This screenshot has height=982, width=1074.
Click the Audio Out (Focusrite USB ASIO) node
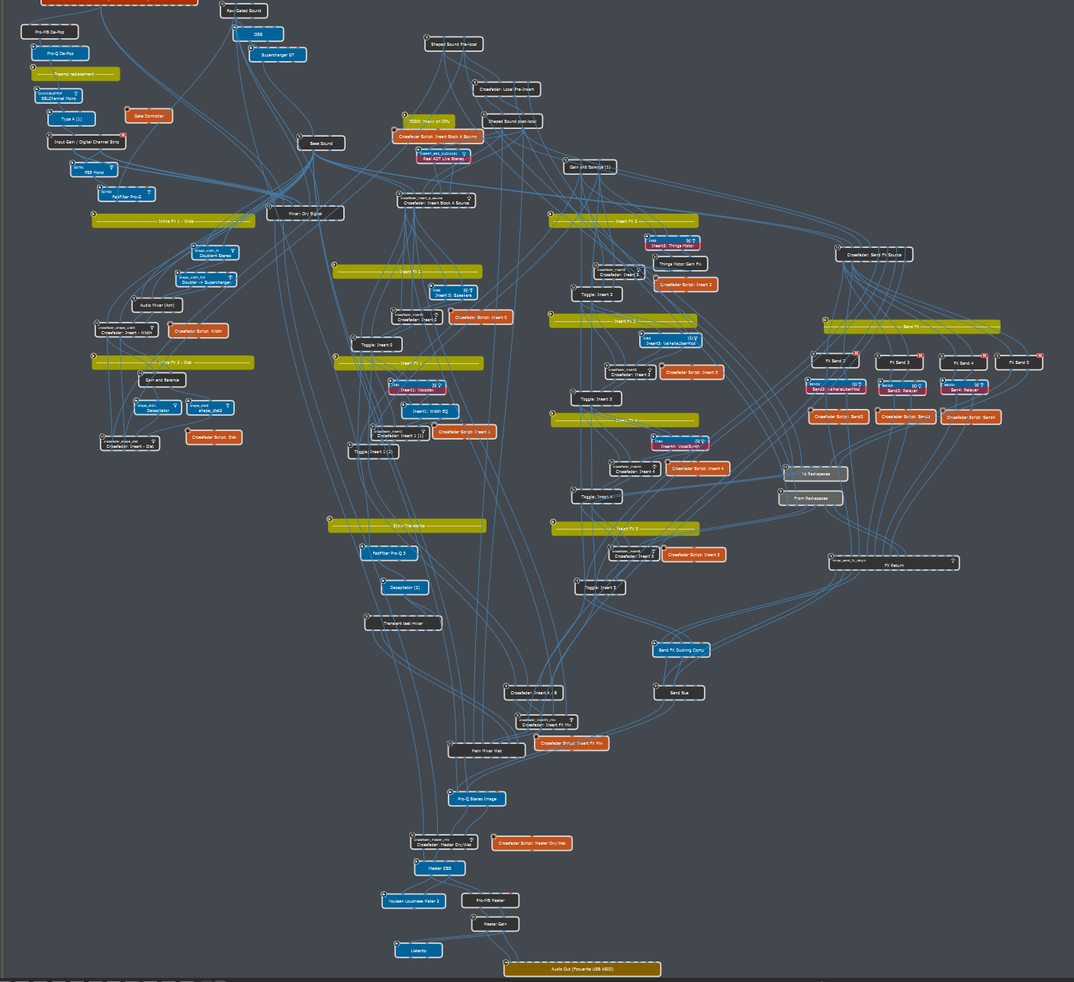pos(582,969)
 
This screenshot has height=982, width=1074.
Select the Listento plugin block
pos(419,950)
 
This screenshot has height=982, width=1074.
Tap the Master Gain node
pos(495,924)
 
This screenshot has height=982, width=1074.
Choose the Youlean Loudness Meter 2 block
pos(413,901)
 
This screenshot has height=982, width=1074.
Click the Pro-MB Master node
pos(490,900)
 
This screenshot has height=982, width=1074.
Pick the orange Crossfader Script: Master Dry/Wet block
pos(532,843)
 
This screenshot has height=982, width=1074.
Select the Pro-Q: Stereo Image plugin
pos(477,799)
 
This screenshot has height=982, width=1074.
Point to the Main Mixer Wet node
pos(487,751)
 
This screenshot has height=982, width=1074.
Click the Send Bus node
pos(679,693)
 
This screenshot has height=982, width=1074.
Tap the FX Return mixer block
pos(894,564)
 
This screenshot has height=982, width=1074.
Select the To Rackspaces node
pos(815,474)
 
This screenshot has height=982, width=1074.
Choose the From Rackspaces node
pos(811,498)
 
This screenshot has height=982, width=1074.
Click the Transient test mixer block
pos(403,623)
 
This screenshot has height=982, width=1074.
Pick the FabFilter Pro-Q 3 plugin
pos(389,553)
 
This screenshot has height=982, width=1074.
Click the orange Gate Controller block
pos(149,116)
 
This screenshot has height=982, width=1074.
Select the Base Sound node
pos(321,143)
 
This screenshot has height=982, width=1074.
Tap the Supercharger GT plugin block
pos(278,55)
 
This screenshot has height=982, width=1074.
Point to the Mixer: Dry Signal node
pos(305,214)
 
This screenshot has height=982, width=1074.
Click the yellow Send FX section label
pos(912,327)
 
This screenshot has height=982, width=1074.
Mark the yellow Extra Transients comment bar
pos(407,526)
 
